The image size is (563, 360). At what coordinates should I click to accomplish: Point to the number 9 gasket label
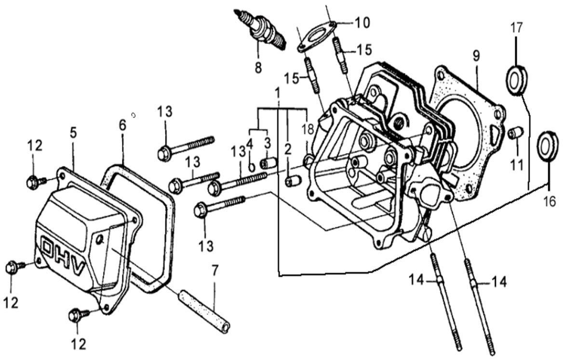point(476,56)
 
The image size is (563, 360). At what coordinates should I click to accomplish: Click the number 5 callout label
point(73,133)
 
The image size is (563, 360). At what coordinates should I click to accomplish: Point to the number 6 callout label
point(122,125)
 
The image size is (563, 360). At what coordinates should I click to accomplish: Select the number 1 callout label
point(278,92)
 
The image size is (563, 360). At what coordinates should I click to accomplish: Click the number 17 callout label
point(516,28)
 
